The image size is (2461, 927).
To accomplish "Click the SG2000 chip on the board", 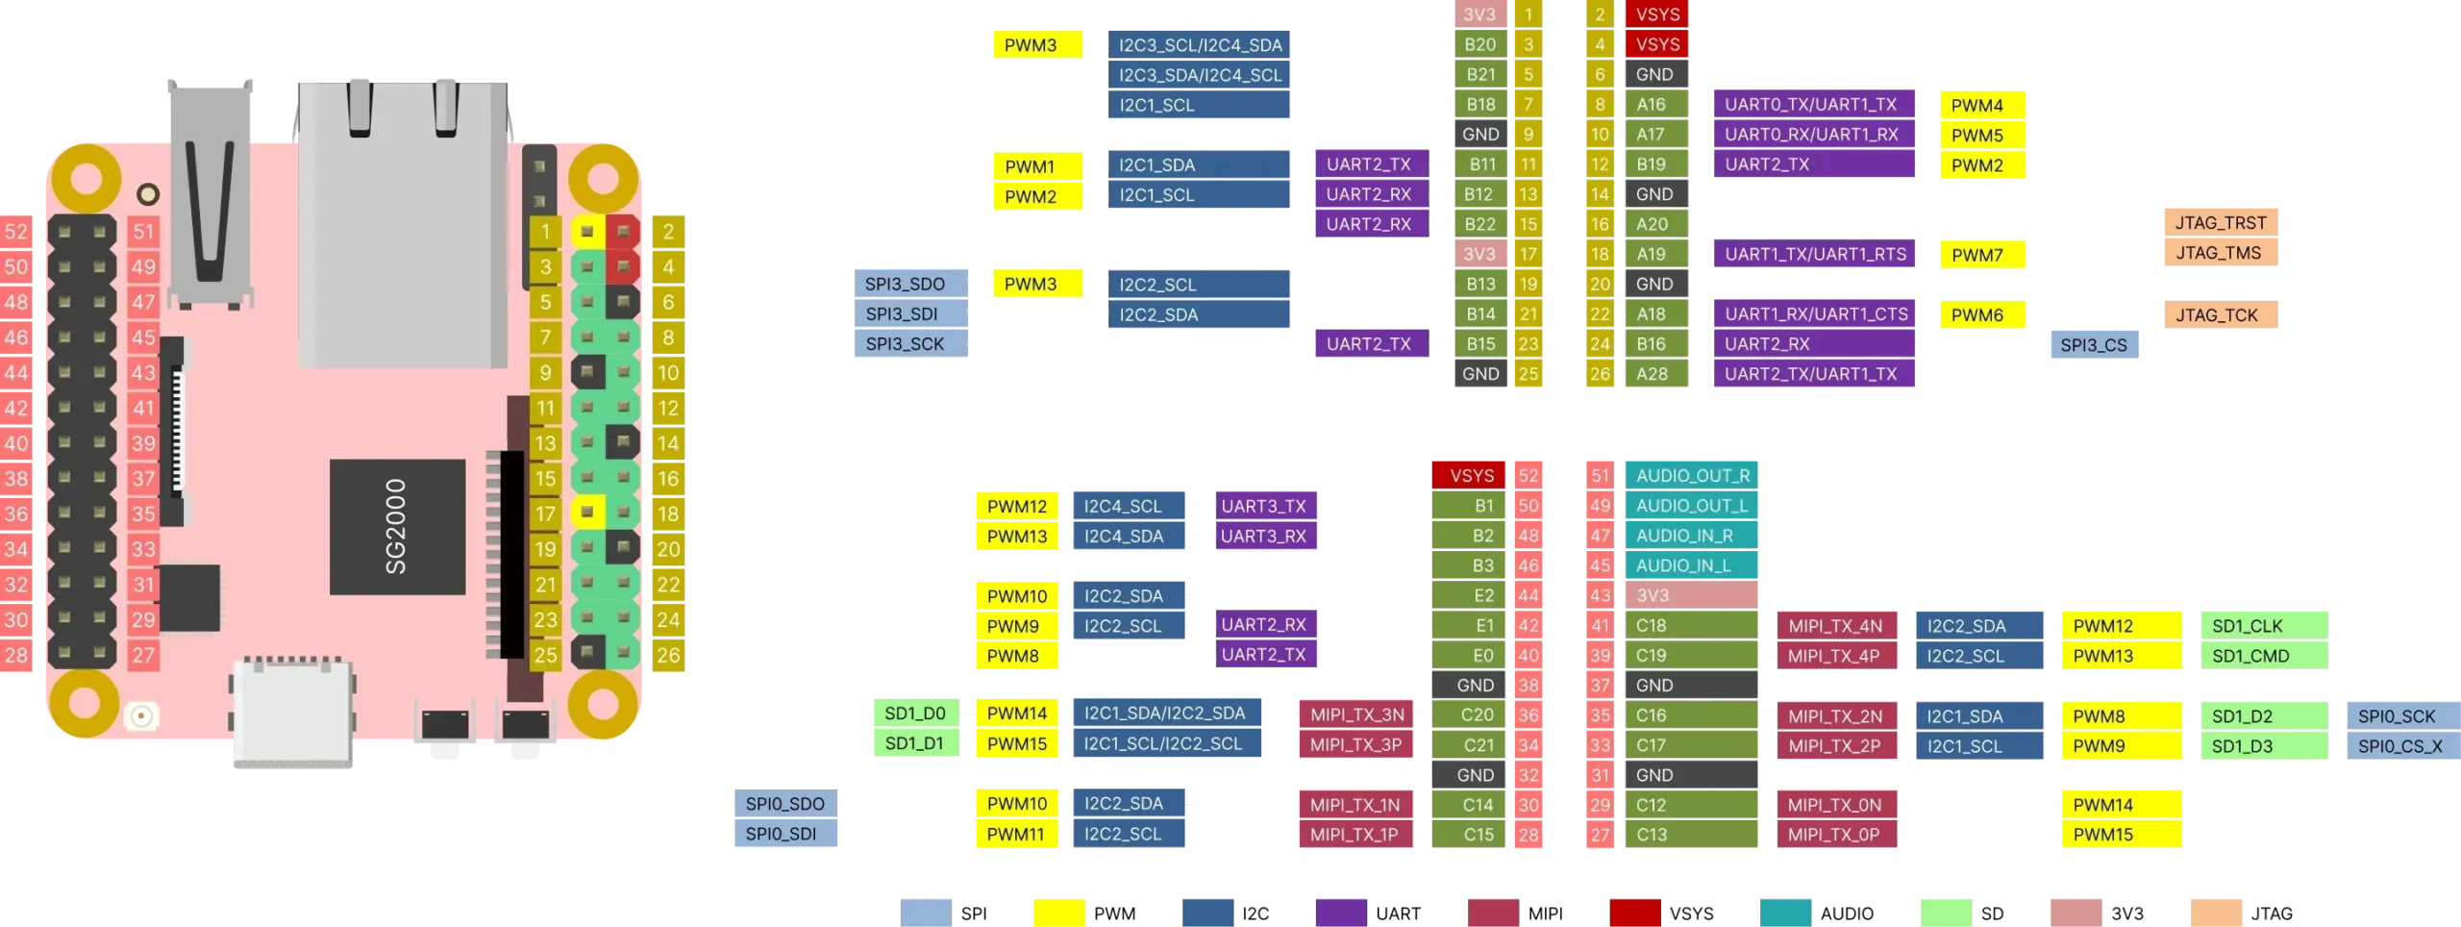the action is [397, 526].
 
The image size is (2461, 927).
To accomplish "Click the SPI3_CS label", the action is [2094, 344].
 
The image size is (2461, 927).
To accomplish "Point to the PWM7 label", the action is [1981, 255].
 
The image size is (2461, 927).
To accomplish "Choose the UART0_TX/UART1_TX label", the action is [1813, 104].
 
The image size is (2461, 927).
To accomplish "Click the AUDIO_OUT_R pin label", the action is [1691, 475].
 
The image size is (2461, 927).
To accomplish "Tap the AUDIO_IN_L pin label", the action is [1691, 565].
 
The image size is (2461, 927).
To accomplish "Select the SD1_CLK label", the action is [2263, 626].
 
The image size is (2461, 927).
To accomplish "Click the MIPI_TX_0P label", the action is [1836, 835].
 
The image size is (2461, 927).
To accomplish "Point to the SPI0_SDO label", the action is [785, 804].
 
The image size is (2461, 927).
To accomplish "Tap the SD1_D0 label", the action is [915, 714].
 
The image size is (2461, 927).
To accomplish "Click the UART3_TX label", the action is [1265, 506].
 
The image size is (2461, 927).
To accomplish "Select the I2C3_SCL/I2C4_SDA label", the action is [1199, 44].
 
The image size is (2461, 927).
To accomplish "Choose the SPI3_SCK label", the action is [910, 343].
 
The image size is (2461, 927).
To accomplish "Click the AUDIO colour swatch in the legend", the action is [1785, 913].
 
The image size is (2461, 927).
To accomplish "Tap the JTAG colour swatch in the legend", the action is [2216, 913].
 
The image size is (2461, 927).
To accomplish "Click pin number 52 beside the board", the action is [16, 232].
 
